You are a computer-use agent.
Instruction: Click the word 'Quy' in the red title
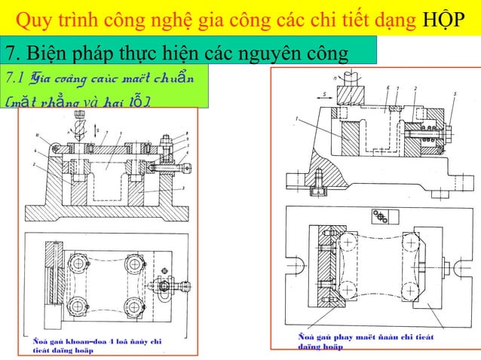click(33, 17)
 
